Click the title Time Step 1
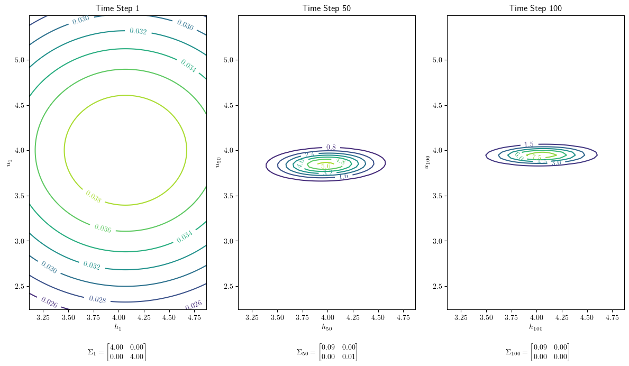click(117, 8)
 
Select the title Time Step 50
click(326, 8)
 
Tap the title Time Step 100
click(535, 8)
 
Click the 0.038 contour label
click(93, 197)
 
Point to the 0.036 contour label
click(103, 228)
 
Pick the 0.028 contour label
click(97, 300)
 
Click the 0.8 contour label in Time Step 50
click(331, 147)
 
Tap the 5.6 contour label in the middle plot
click(326, 166)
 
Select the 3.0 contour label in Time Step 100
click(556, 163)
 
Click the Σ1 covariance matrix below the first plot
click(116, 352)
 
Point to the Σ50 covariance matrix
click(326, 352)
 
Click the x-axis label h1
click(118, 327)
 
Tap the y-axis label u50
click(217, 162)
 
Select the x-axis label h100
click(536, 327)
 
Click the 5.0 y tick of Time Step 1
click(20, 60)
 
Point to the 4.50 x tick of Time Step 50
click(378, 317)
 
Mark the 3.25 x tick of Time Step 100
click(461, 317)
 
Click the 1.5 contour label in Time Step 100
click(528, 144)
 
